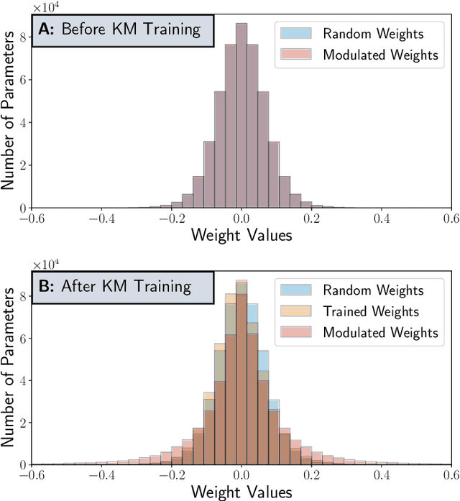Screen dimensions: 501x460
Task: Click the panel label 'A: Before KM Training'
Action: pos(123,30)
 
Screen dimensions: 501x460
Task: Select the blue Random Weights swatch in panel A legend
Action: pos(294,33)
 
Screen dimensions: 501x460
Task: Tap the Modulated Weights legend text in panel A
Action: pos(379,55)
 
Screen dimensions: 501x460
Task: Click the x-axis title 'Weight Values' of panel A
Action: pos(241,235)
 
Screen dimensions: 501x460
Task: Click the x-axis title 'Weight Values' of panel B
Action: pos(241,492)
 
